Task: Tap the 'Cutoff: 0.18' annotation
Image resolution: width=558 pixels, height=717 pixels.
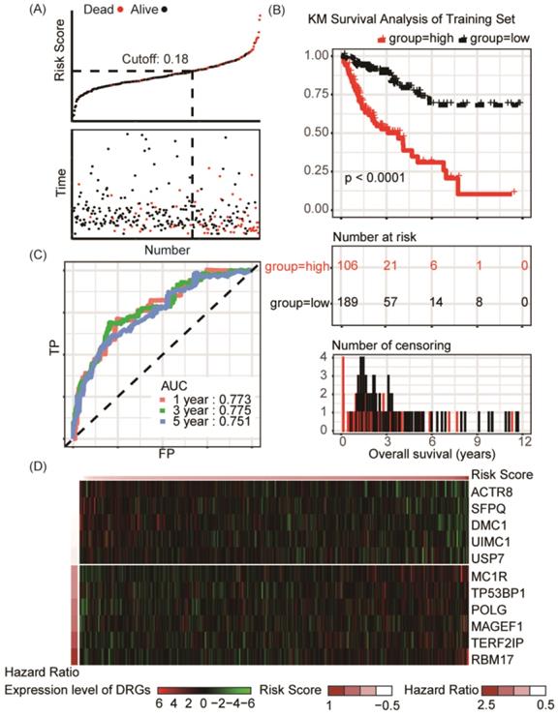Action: (154, 59)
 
